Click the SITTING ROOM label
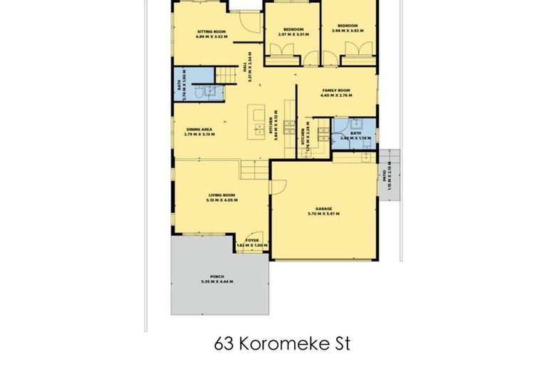click(x=212, y=31)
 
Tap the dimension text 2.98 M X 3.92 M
click(x=348, y=31)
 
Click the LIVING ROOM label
click(x=222, y=194)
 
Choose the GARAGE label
click(x=323, y=208)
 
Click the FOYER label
click(x=252, y=240)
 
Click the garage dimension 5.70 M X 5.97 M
click(x=323, y=214)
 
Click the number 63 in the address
click(x=223, y=344)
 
